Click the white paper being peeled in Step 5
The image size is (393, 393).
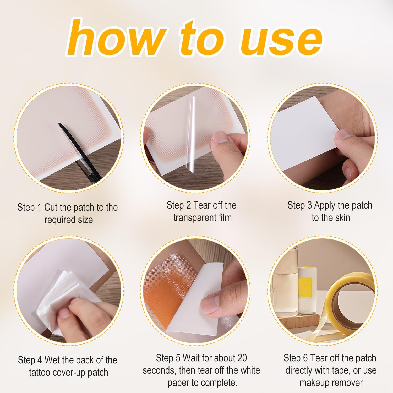tap(199, 301)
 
